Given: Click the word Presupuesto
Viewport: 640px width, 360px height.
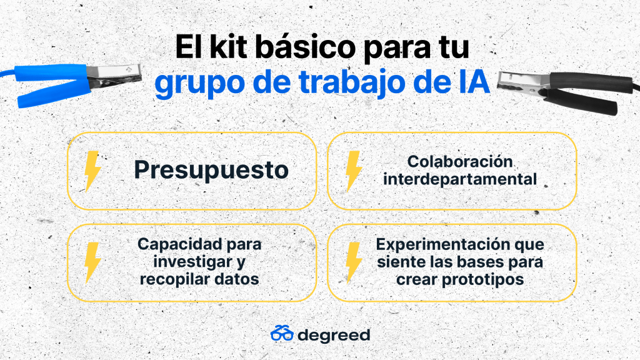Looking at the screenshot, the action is pos(211,170).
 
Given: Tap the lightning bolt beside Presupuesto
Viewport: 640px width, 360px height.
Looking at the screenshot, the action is pos(92,171).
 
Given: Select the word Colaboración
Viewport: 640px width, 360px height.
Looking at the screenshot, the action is pos(459,162).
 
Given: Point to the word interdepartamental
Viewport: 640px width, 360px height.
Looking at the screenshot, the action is pos(459,179).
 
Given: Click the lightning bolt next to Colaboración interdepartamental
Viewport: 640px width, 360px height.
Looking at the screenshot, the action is pos(354,171).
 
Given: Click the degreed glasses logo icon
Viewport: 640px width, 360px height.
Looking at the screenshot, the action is pos(282,334).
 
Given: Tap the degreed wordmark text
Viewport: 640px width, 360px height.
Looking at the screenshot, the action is pos(334,335).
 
